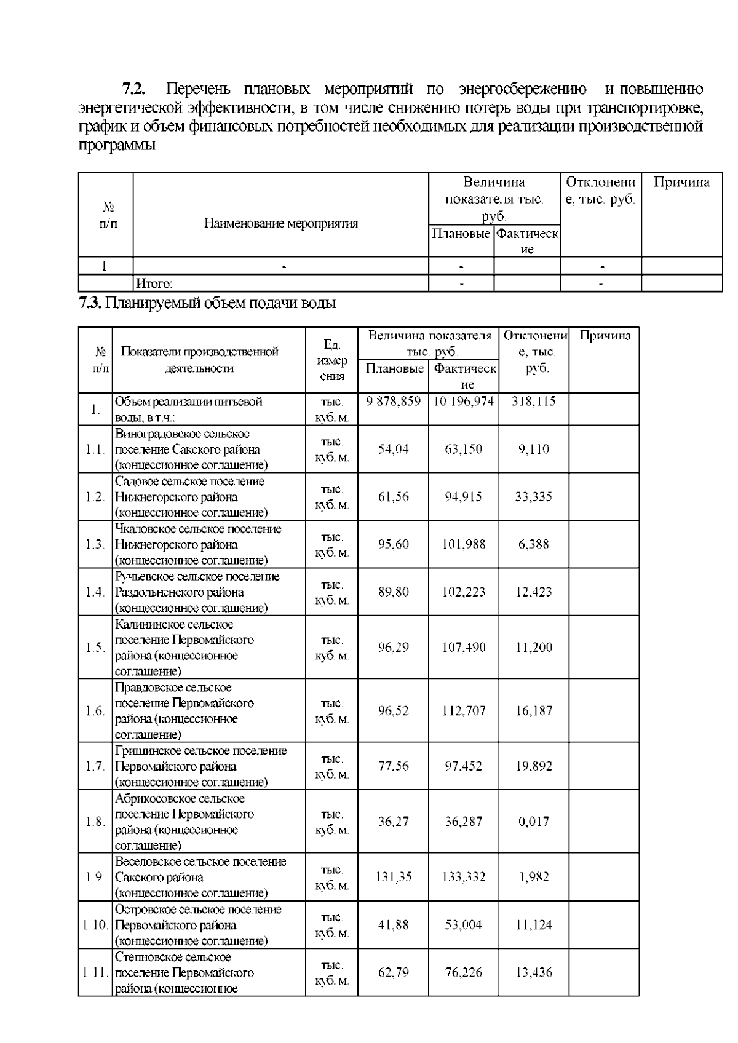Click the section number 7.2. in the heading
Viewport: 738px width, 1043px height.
point(133,89)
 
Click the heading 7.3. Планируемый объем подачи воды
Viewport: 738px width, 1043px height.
point(207,303)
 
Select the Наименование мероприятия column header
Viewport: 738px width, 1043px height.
point(280,223)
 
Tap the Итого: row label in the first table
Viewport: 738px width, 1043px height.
point(154,284)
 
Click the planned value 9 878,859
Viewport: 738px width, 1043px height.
point(393,402)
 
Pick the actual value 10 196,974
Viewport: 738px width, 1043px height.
point(463,402)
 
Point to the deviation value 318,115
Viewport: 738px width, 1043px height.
point(533,402)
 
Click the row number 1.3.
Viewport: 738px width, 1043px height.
point(95,544)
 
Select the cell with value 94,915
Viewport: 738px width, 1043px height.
point(463,497)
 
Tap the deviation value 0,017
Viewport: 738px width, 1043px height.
point(533,822)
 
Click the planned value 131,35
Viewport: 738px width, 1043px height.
point(393,877)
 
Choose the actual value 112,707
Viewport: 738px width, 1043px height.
point(463,711)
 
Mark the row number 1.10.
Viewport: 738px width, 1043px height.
point(95,925)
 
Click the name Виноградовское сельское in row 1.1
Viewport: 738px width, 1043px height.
point(182,434)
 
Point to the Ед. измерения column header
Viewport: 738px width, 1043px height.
point(332,360)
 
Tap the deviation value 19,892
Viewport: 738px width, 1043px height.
point(533,766)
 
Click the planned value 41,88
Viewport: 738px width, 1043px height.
point(393,925)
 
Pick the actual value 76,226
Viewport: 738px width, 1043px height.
point(463,972)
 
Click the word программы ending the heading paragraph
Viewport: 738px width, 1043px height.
point(117,146)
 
